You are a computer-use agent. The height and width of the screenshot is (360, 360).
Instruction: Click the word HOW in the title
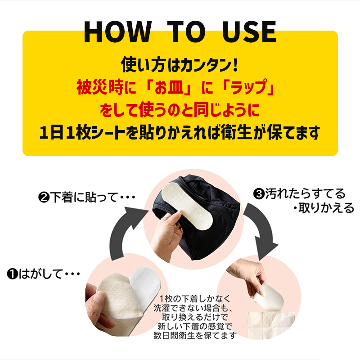(x=118, y=31)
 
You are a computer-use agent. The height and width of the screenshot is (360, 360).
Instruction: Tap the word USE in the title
(x=249, y=31)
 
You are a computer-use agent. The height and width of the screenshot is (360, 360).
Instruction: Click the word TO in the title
(x=186, y=31)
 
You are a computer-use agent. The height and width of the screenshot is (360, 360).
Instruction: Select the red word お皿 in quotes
(x=169, y=87)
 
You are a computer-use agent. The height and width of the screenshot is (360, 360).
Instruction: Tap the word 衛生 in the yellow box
(x=237, y=133)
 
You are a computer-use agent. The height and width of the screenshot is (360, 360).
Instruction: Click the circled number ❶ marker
(x=13, y=274)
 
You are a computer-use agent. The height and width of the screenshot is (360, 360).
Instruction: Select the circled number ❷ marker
(x=44, y=198)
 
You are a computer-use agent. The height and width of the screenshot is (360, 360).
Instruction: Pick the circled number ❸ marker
(x=259, y=194)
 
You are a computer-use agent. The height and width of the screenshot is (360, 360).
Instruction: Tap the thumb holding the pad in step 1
(x=98, y=298)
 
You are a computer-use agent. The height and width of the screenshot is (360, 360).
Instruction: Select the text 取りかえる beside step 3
(x=326, y=208)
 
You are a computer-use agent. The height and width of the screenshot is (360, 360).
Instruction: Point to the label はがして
(x=40, y=274)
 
